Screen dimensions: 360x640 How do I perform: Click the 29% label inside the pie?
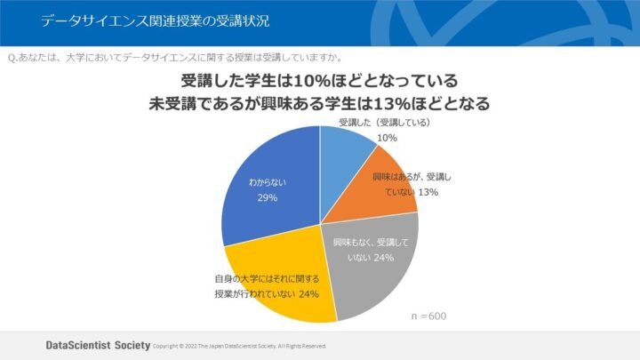pos(268,197)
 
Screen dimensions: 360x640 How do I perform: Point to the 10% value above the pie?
pos(387,138)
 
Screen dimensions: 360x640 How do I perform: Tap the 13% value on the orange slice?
pos(428,192)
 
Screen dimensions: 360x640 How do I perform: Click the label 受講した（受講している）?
pos(385,122)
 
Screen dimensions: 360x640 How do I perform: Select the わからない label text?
pos(268,183)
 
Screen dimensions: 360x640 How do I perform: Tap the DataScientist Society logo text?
pos(98,344)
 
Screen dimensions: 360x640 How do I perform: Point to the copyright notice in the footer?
pos(240,345)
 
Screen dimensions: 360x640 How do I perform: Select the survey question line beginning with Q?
pos(177,55)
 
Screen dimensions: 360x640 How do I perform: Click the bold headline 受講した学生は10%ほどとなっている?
pos(320,80)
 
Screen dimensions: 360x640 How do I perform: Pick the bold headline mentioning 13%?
pos(320,102)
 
